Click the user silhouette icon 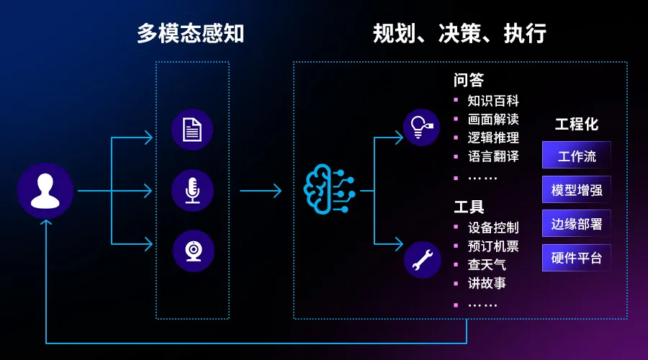(45, 191)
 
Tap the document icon (192, 130)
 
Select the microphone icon (192, 191)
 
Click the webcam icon (194, 251)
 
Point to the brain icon (329, 189)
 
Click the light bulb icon (421, 127)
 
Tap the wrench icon (423, 260)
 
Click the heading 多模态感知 (191, 33)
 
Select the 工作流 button (577, 155)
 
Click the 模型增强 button (577, 189)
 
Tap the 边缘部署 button (577, 223)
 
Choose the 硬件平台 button (577, 258)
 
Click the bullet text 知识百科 (493, 100)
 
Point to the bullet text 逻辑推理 (493, 138)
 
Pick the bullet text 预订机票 (493, 246)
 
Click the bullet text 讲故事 (487, 283)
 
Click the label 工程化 (577, 124)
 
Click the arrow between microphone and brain (261, 191)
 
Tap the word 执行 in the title (525, 33)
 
